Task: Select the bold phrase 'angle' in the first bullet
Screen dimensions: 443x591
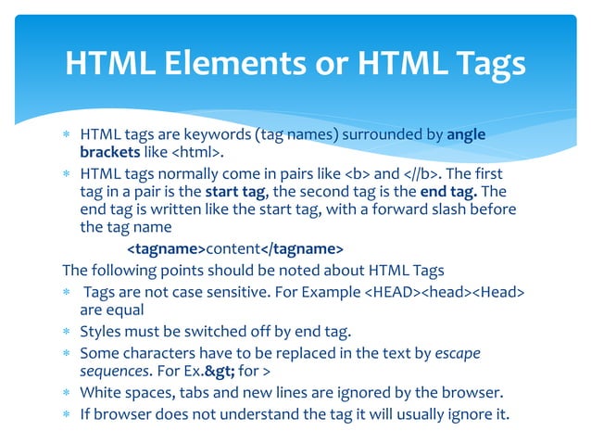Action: pyautogui.click(x=466, y=135)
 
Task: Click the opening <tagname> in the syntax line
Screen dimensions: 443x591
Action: pyautogui.click(x=166, y=249)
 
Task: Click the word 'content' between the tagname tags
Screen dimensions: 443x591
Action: pyautogui.click(x=233, y=249)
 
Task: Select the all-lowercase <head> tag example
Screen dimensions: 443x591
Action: pyautogui.click(x=446, y=293)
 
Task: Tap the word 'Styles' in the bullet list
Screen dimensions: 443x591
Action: pyautogui.click(x=100, y=331)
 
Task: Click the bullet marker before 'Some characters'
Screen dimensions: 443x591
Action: pyautogui.click(x=67, y=353)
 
